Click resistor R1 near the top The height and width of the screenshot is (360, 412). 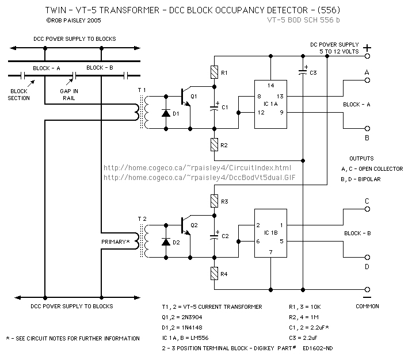click(x=214, y=73)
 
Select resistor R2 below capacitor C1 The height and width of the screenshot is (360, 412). click(x=214, y=144)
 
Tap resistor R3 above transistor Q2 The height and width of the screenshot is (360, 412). click(x=214, y=201)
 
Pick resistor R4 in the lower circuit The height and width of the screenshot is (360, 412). click(x=214, y=273)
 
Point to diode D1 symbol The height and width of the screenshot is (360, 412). click(x=167, y=113)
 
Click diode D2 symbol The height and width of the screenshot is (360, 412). click(x=167, y=242)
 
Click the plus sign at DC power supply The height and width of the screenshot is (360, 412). click(x=365, y=48)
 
